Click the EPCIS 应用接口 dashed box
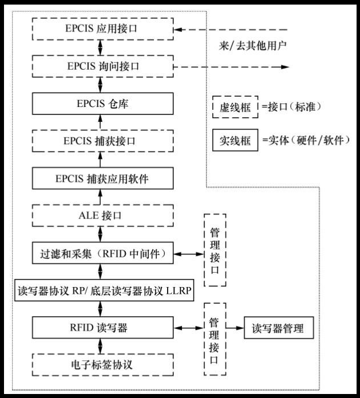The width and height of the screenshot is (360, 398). pyautogui.click(x=101, y=29)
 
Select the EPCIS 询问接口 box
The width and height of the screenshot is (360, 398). pyautogui.click(x=101, y=66)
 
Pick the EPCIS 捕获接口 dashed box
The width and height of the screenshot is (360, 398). pyautogui.click(x=101, y=141)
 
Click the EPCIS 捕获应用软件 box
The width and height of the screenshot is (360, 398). pyautogui.click(x=101, y=178)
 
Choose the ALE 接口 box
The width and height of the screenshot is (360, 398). pyautogui.click(x=101, y=216)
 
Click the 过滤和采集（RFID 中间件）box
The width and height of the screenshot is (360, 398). pyautogui.click(x=101, y=253)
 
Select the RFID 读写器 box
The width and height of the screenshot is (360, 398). pyautogui.click(x=101, y=328)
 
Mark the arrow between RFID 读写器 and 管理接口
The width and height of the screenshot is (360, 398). pyautogui.click(x=188, y=328)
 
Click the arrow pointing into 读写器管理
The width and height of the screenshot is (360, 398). pyautogui.click(x=235, y=328)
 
